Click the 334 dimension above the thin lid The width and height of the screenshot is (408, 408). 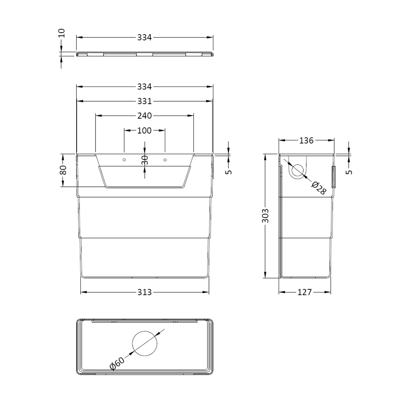144,38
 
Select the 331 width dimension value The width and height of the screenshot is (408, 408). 144,101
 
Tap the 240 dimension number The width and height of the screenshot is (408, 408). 144,116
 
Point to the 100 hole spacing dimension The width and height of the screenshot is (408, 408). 144,131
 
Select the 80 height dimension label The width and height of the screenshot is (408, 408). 63,170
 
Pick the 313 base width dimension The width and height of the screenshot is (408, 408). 144,292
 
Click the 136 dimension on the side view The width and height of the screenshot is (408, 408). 306,141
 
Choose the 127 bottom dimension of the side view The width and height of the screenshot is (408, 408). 305,292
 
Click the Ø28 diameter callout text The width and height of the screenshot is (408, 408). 319,188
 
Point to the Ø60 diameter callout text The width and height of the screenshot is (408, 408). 118,363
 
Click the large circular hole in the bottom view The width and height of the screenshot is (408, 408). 145,343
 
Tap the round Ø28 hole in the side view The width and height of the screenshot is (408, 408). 298,170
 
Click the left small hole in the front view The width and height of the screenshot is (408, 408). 124,160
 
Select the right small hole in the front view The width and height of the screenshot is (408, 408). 165,160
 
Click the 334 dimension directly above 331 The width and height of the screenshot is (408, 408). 144,87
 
